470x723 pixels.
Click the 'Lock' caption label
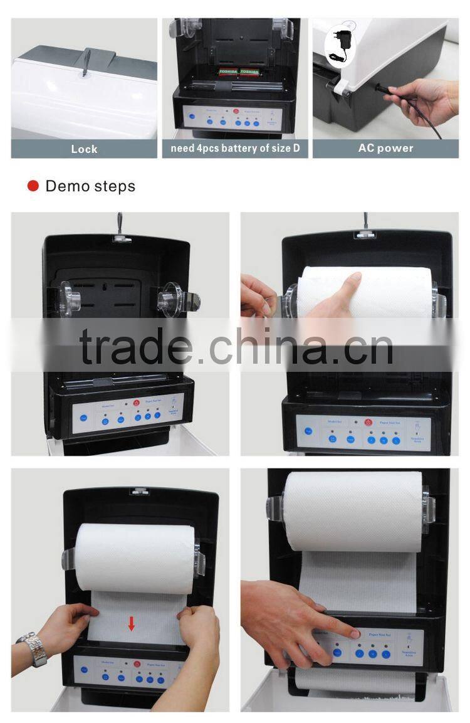pyautogui.click(x=84, y=149)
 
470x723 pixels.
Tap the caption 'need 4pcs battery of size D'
pyautogui.click(x=235, y=149)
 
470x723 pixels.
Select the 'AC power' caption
pyautogui.click(x=385, y=149)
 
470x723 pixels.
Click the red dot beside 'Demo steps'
pyautogui.click(x=33, y=186)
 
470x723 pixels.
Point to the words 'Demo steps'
pyautogui.click(x=90, y=186)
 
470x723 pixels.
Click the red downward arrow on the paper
pyautogui.click(x=131, y=623)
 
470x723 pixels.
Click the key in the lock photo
pyautogui.click(x=86, y=61)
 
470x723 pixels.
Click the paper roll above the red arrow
pyautogui.click(x=134, y=558)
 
